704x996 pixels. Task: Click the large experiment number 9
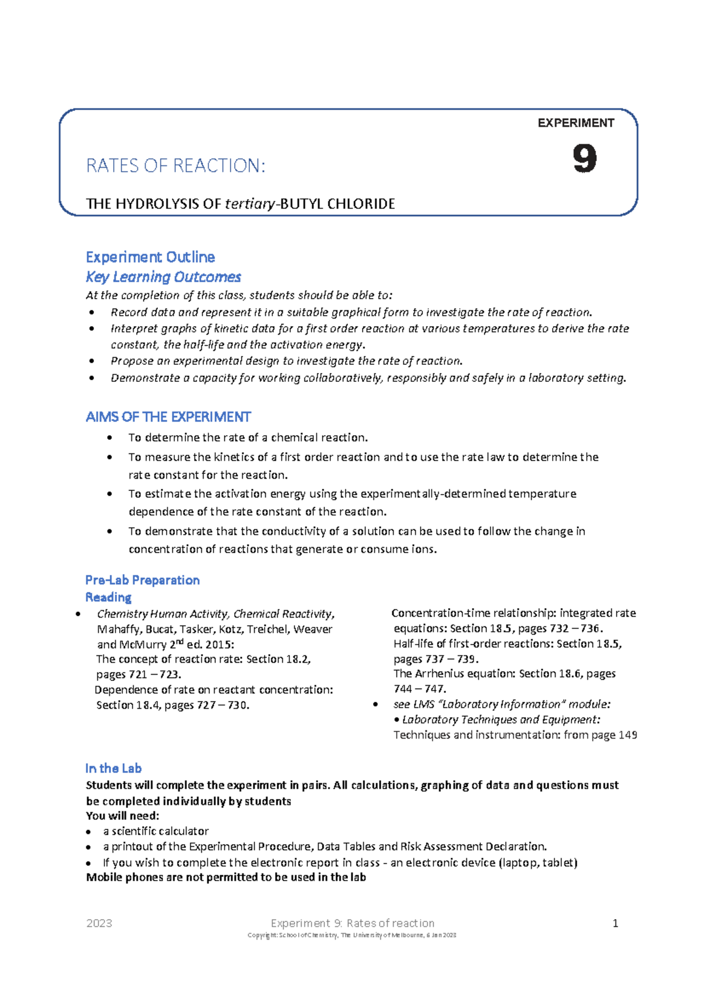584,159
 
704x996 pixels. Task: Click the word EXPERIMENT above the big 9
576,123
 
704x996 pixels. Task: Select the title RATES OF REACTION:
175,166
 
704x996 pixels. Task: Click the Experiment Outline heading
150,257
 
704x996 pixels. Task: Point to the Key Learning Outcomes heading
163,277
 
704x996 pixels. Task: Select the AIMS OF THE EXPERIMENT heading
168,417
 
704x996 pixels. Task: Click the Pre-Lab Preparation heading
143,580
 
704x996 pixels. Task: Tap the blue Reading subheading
109,597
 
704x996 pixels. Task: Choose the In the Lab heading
113,768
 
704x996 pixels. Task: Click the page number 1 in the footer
615,923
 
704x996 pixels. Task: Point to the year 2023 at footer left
99,923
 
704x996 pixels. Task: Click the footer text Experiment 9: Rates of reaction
353,923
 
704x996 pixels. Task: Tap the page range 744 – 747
419,689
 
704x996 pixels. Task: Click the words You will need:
123,816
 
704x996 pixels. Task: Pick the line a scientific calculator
155,831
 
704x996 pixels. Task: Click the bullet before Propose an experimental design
92,361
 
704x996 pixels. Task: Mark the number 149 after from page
628,735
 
